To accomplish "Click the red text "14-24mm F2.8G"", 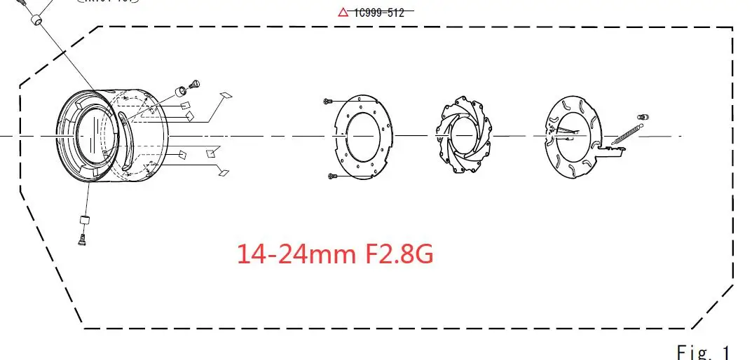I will (335, 253).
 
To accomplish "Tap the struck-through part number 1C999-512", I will (379, 11).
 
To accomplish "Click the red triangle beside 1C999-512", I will (343, 11).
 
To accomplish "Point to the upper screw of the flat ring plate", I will (327, 102).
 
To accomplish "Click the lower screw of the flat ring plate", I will (333, 175).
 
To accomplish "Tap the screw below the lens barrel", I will (81, 239).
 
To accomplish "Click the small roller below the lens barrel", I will (84, 221).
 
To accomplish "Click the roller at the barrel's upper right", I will (181, 90).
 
